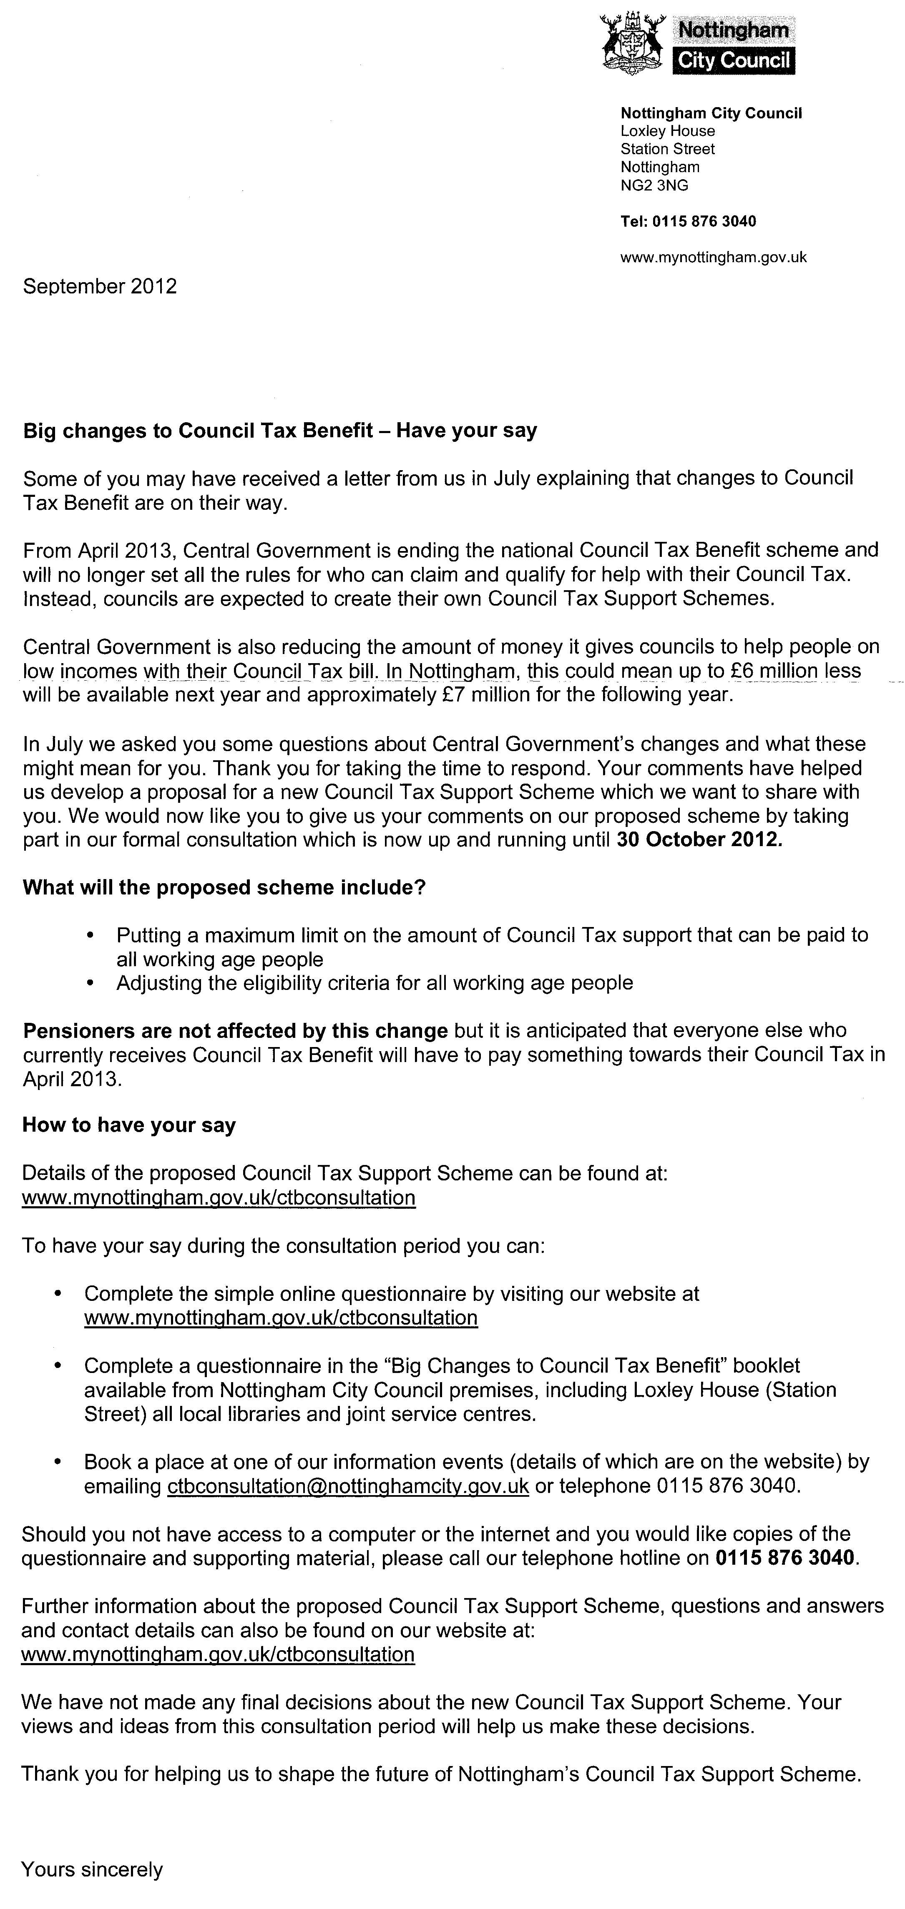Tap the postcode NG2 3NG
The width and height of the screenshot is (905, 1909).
[654, 185]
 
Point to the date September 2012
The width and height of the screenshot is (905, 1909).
[100, 287]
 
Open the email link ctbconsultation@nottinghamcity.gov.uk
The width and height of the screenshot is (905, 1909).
[348, 1486]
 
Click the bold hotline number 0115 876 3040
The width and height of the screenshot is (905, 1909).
[784, 1558]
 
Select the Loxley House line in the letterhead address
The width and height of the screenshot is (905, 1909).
[667, 131]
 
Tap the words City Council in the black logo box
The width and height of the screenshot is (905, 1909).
[734, 61]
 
